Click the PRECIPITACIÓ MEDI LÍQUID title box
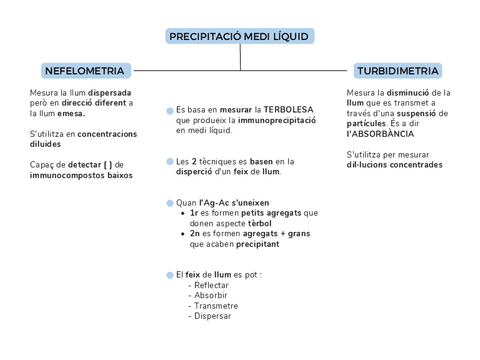click(239, 36)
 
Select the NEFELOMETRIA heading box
click(85, 71)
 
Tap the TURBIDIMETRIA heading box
click(397, 71)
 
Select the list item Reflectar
click(210, 285)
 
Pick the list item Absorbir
click(210, 295)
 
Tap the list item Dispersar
click(212, 316)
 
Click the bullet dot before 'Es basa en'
click(169, 110)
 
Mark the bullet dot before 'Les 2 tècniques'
click(169, 161)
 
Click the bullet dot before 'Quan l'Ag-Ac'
click(169, 202)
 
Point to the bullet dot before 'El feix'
click(169, 274)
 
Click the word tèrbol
click(276, 222)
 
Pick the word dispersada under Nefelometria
click(110, 92)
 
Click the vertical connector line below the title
click(240, 58)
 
